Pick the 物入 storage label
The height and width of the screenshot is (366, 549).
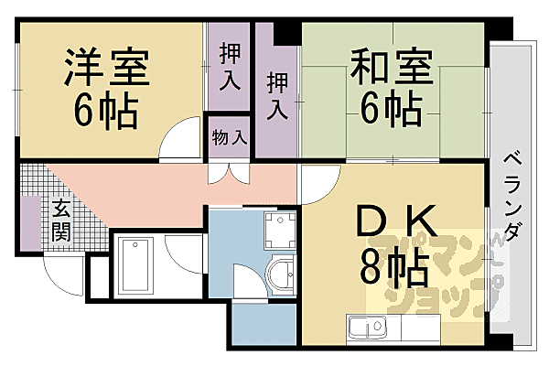pos(229,138)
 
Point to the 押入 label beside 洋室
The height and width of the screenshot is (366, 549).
pos(229,70)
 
